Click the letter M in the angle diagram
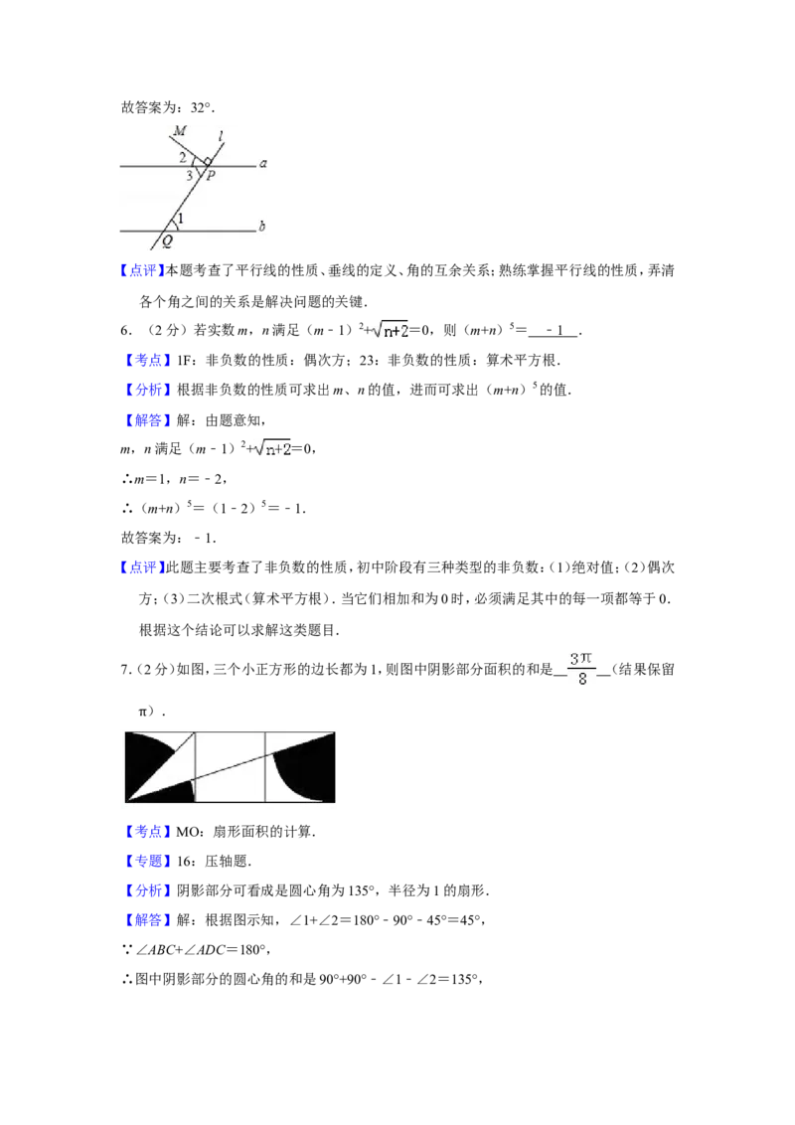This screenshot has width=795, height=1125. click(x=180, y=131)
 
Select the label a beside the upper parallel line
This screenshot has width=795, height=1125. click(x=263, y=163)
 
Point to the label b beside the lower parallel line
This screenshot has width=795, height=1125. click(x=262, y=227)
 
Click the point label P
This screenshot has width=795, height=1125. click(x=212, y=177)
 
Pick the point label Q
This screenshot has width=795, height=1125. click(x=166, y=240)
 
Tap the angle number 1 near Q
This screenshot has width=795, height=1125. click(x=181, y=218)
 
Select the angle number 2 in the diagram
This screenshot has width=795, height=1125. click(x=182, y=157)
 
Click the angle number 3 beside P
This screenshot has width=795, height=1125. click(x=188, y=176)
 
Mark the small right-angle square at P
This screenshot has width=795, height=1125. click(x=207, y=161)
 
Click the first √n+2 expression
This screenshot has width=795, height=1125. click(x=390, y=331)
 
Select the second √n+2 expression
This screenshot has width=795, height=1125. click(x=270, y=450)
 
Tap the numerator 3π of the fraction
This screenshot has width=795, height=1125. click(x=583, y=658)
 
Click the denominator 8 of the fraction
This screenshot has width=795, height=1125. click(x=583, y=680)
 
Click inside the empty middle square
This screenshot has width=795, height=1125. click(x=230, y=785)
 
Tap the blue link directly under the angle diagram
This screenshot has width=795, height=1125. click(x=142, y=270)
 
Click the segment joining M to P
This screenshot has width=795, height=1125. click(x=190, y=149)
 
